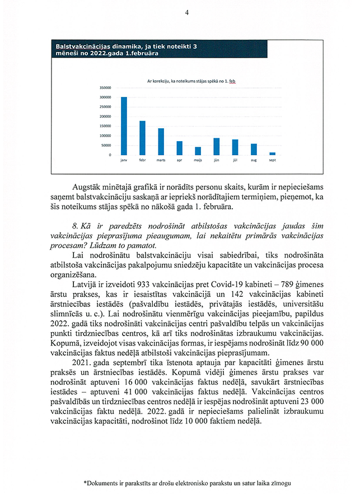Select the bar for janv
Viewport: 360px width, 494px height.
point(124,126)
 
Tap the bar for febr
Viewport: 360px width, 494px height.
point(142,138)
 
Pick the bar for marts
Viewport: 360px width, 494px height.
point(161,142)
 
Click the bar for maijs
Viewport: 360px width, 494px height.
point(198,151)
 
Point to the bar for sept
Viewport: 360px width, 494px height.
point(272,153)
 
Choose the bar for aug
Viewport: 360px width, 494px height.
point(254,150)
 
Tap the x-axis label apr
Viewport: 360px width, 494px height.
point(179,160)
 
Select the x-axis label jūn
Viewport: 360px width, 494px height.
point(216,160)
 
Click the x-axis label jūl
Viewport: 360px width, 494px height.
point(235,160)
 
